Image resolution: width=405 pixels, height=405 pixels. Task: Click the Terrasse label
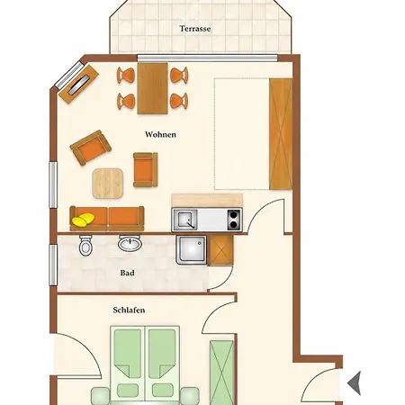point(195,29)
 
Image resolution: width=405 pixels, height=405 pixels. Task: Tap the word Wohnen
point(160,134)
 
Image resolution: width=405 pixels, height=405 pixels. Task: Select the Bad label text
point(127,273)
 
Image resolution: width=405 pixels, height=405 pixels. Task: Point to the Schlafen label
point(129,310)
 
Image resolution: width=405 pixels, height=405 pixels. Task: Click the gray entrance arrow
point(355,383)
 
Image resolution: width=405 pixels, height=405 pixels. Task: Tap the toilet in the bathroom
point(85,246)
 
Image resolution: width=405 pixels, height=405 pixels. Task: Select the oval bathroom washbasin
point(130,243)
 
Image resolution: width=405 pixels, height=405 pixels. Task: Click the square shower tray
point(192,250)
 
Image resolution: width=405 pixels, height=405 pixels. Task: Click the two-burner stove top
point(234,220)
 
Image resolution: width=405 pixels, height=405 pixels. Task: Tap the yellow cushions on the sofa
point(83,220)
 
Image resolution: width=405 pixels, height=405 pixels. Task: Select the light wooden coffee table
point(108,184)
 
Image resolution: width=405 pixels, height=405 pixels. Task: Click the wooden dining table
point(152,88)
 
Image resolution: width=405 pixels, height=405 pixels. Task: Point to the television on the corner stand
point(79,85)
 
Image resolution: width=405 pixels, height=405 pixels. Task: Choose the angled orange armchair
point(90,148)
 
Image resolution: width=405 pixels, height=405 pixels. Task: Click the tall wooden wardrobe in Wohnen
point(281,134)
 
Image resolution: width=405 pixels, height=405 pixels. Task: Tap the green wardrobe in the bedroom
point(221,373)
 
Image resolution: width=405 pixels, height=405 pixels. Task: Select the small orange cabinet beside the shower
point(220,250)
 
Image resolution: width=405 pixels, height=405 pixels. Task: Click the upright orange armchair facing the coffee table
point(146,169)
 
